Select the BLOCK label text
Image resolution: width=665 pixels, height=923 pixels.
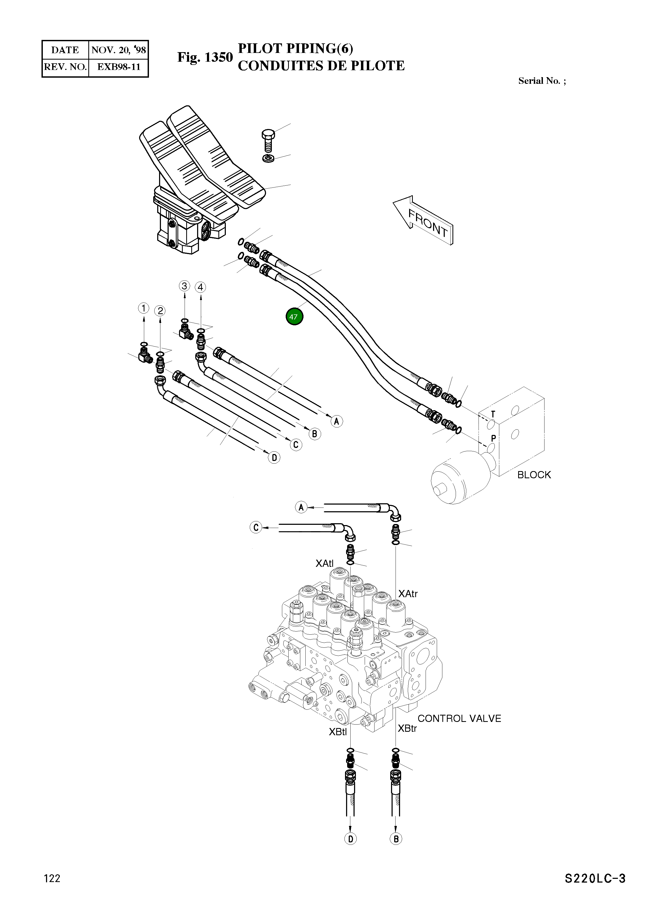534,475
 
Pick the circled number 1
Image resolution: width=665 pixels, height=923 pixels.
143,309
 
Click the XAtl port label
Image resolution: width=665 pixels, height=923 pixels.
324,563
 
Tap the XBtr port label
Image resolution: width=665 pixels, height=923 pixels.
407,729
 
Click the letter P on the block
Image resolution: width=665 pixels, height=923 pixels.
493,439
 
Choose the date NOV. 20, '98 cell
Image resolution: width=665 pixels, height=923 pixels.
118,50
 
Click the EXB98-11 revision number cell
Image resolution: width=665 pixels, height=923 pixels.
118,67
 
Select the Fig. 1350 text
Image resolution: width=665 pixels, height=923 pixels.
205,57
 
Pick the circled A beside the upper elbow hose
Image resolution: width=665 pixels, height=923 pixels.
301,508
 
